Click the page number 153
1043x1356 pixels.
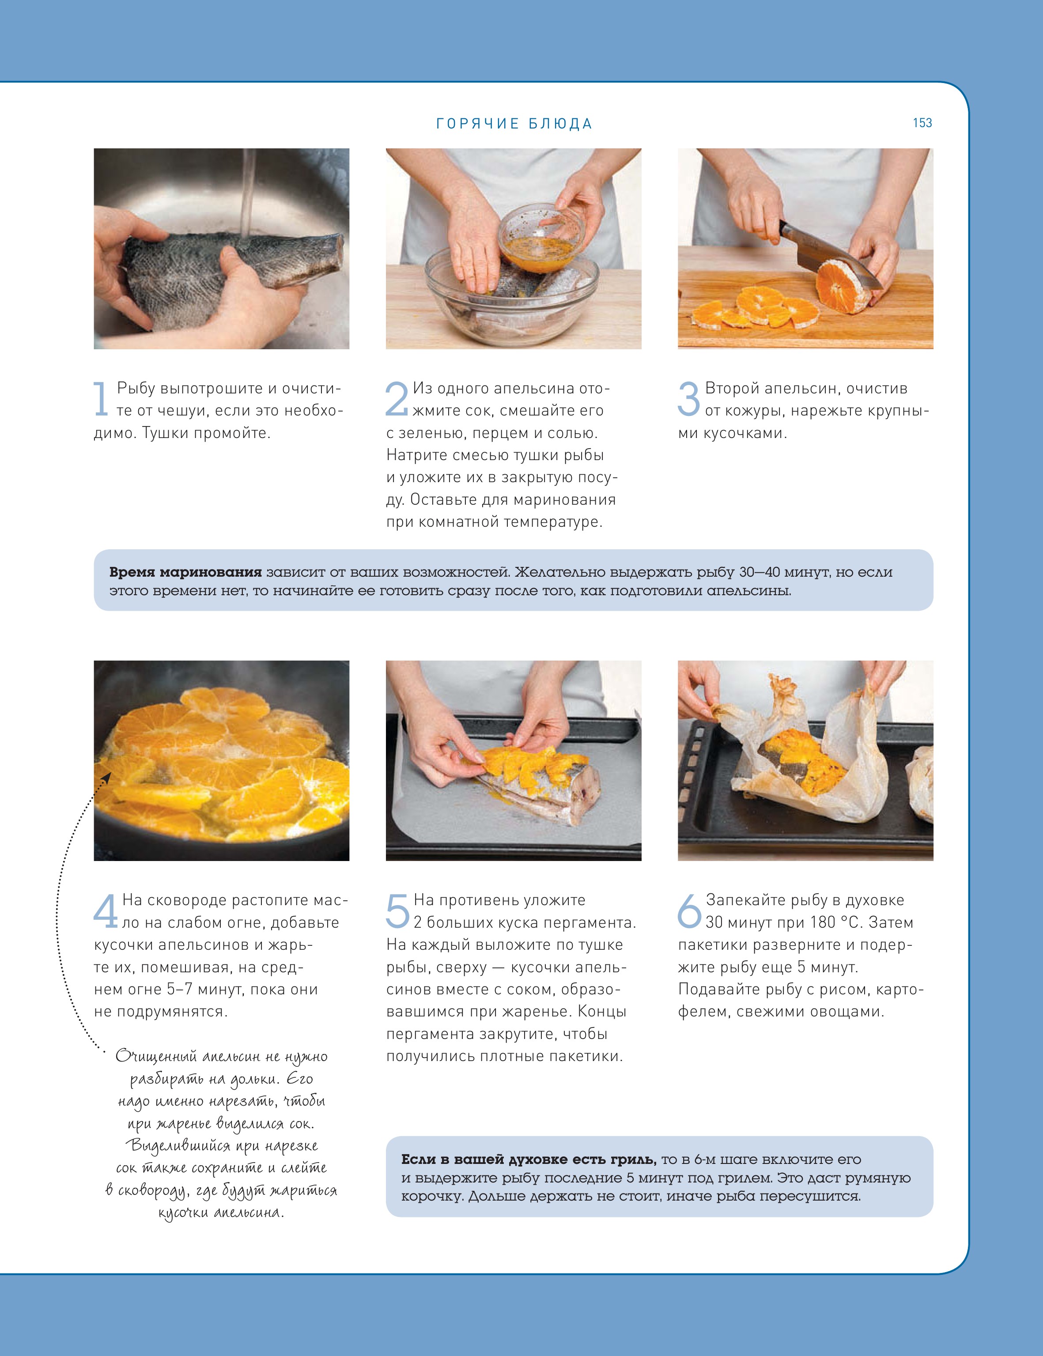[922, 123]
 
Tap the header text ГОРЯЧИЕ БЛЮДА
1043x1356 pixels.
[514, 124]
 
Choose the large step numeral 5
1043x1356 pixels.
[397, 911]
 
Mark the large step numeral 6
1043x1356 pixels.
[689, 911]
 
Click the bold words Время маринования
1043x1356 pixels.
[185, 572]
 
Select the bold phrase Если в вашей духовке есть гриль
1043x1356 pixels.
[528, 1159]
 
